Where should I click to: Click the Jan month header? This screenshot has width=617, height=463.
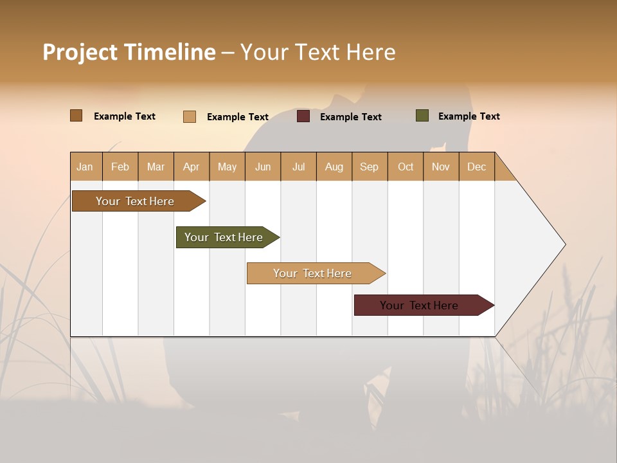pos(85,167)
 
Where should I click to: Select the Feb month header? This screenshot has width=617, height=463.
pos(120,167)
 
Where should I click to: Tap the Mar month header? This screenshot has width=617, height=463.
pos(156,167)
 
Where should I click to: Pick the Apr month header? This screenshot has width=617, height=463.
pos(192,167)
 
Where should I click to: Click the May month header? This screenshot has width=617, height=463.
pos(227,167)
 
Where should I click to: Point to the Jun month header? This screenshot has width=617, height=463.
pos(263,167)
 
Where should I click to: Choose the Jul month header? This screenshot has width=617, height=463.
pos(298,167)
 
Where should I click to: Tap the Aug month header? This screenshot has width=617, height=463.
pos(334,167)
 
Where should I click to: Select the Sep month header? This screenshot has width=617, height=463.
pos(370,167)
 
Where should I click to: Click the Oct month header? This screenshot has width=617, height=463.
pos(406,167)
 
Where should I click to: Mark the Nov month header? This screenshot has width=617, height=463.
pos(441,167)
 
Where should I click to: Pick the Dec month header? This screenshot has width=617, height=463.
pos(477,167)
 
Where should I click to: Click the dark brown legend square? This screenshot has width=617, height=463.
pos(76,116)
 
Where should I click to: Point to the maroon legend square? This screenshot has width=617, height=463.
pos(303,116)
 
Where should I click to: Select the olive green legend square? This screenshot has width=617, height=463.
pos(422,116)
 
